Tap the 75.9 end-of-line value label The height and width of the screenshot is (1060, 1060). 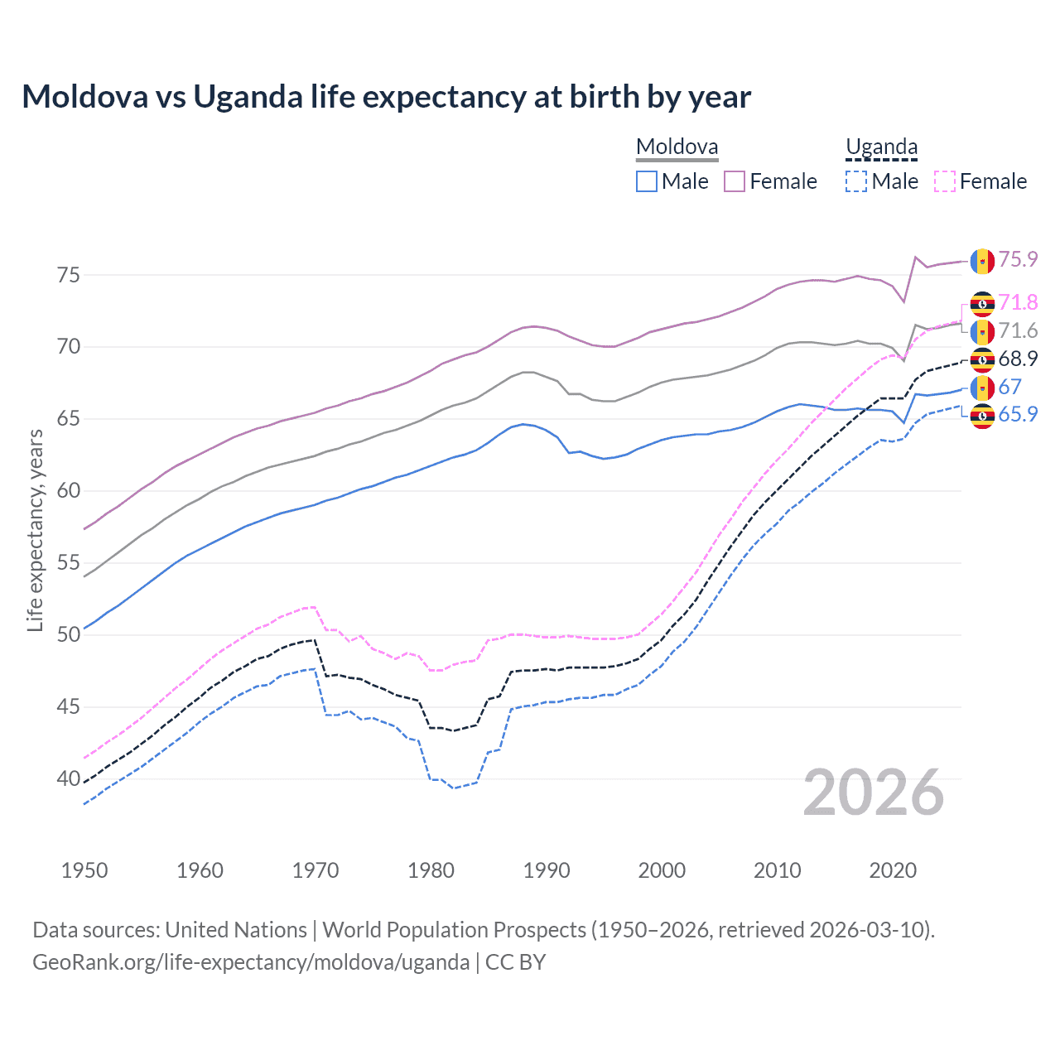tap(1018, 260)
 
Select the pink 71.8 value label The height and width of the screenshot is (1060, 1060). tap(1018, 303)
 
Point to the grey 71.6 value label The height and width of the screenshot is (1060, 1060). tap(1018, 331)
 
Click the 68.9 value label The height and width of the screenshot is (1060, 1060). tap(1018, 359)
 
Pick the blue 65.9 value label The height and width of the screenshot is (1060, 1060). tap(1018, 415)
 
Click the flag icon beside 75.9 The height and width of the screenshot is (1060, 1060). tap(982, 261)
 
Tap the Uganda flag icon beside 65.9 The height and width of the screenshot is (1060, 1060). tap(982, 416)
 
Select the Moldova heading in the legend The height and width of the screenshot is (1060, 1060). tap(677, 147)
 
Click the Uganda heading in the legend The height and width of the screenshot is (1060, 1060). tap(881, 147)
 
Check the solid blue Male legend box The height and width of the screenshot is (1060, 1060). tap(647, 181)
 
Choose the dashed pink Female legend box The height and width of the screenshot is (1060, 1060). tap(945, 181)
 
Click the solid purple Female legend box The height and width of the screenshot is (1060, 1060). tap(735, 181)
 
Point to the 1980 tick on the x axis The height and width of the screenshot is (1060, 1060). tap(431, 870)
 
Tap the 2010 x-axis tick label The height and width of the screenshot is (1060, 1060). tap(777, 870)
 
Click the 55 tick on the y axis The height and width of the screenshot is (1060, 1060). tap(69, 563)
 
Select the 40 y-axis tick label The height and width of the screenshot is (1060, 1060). tap(69, 779)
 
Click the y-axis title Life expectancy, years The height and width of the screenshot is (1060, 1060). tap(35, 530)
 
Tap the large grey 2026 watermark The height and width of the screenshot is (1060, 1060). tap(874, 793)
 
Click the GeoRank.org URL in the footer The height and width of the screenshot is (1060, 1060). tap(251, 962)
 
